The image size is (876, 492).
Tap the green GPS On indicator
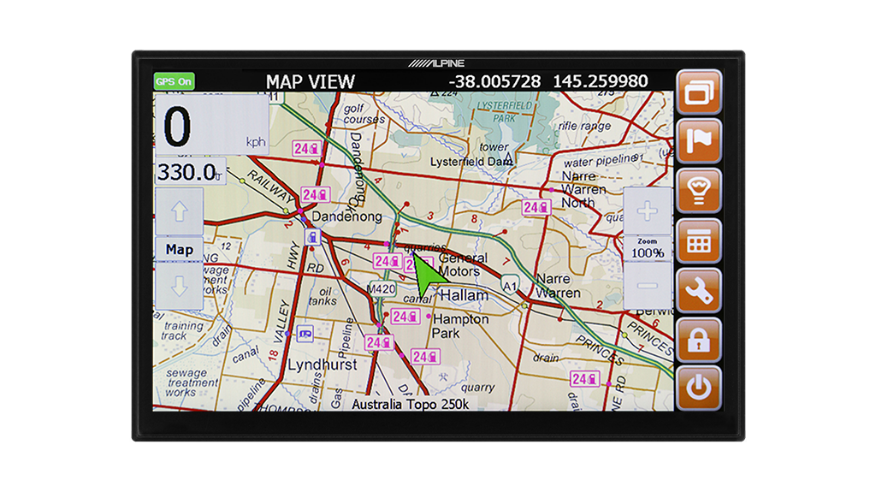click(174, 82)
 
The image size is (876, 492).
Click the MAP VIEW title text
click(310, 82)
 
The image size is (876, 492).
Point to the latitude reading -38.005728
click(495, 82)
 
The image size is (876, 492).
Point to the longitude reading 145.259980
click(601, 82)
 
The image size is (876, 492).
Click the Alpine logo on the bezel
click(437, 63)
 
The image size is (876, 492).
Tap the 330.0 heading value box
click(190, 172)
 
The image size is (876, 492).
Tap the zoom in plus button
click(648, 210)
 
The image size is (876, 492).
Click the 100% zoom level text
click(648, 253)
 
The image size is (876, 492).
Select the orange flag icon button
click(699, 141)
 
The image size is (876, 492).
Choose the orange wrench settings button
click(699, 290)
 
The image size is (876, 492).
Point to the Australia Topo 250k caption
click(410, 403)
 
